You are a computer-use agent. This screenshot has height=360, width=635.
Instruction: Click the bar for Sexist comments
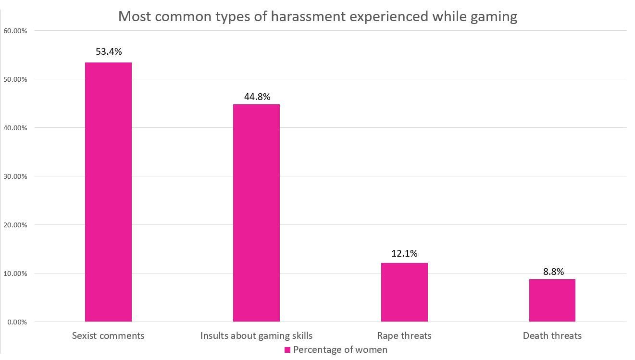(x=108, y=192)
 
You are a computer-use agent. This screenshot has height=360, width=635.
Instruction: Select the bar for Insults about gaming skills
(x=256, y=213)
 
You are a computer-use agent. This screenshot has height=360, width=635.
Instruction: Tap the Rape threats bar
(x=404, y=292)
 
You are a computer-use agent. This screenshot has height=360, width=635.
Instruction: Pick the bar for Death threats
(x=552, y=300)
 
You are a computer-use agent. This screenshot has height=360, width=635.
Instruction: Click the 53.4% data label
(x=109, y=51)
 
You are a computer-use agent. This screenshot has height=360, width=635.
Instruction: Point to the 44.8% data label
(x=257, y=97)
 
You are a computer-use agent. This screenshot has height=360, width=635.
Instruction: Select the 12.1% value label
(x=404, y=253)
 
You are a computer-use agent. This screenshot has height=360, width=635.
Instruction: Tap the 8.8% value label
(x=553, y=272)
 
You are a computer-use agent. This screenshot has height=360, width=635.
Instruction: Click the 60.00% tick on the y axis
(x=15, y=31)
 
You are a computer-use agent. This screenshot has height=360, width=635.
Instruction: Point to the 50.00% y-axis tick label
(x=15, y=79)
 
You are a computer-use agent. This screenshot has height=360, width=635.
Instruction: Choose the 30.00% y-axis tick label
(x=15, y=176)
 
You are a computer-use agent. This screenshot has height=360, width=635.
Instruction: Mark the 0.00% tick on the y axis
(x=17, y=322)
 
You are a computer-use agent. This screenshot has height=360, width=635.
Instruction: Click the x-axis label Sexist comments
(x=108, y=335)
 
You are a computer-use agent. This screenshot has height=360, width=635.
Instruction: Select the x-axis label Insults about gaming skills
(x=256, y=335)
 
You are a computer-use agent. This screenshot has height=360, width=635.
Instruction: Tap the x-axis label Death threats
(x=552, y=335)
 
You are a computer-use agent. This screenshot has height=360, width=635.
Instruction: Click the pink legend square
(x=287, y=350)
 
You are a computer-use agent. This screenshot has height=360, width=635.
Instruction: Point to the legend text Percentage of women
(x=340, y=349)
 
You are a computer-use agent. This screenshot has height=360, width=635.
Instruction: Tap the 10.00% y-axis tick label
(x=15, y=273)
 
